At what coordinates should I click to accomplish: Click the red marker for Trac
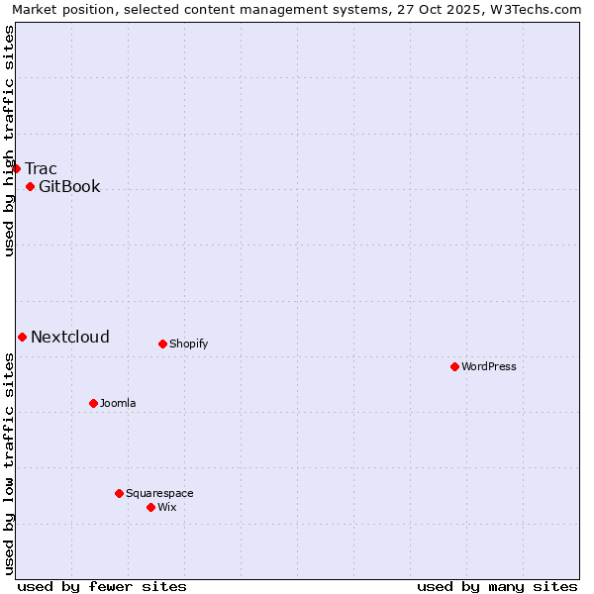pyautogui.click(x=17, y=168)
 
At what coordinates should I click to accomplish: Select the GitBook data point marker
pyautogui.click(x=31, y=186)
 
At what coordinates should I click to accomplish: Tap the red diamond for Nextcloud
pyautogui.click(x=23, y=337)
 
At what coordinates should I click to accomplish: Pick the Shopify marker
pyautogui.click(x=163, y=344)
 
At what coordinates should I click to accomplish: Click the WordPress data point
pyautogui.click(x=455, y=366)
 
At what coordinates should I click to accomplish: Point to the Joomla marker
pyautogui.click(x=94, y=403)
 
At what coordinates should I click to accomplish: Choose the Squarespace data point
pyautogui.click(x=120, y=493)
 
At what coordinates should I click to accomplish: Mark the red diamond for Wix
pyautogui.click(x=151, y=507)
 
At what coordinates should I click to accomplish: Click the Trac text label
pyautogui.click(x=42, y=168)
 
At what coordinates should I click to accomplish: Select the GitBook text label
pyautogui.click(x=69, y=186)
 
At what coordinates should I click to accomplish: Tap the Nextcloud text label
pyautogui.click(x=70, y=337)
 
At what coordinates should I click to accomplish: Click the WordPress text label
pyautogui.click(x=489, y=366)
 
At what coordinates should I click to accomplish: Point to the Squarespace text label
pyautogui.click(x=159, y=493)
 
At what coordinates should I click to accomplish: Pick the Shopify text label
pyautogui.click(x=188, y=344)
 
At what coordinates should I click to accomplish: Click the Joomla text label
pyautogui.click(x=118, y=403)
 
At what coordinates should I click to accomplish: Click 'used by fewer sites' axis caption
pyautogui.click(x=102, y=586)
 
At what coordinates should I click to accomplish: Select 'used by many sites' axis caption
pyautogui.click(x=497, y=586)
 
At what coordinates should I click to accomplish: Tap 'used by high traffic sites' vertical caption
pyautogui.click(x=9, y=141)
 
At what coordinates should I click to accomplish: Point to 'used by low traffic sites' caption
pyautogui.click(x=9, y=463)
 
